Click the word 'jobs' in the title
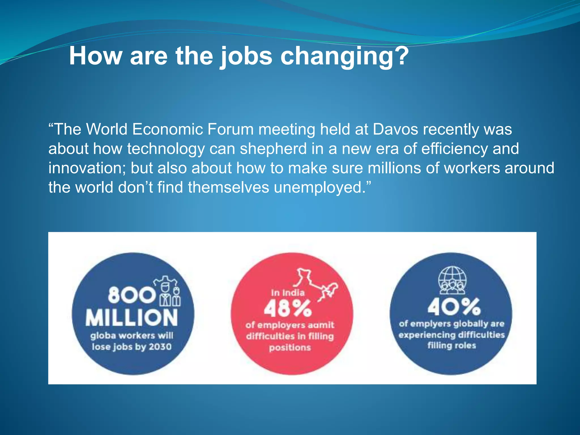[x=246, y=56]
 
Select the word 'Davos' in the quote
[x=395, y=129]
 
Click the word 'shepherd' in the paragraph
[x=273, y=149]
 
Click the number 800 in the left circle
[x=131, y=295]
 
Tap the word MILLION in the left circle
[x=132, y=318]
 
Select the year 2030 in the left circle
[x=160, y=347]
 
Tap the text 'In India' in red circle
[x=287, y=293]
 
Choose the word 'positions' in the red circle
[x=290, y=347]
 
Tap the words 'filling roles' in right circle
[x=451, y=346]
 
